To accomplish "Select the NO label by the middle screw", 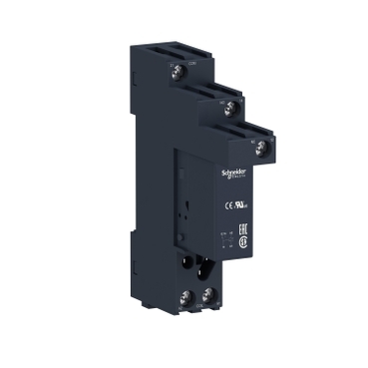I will tap(224, 102).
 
